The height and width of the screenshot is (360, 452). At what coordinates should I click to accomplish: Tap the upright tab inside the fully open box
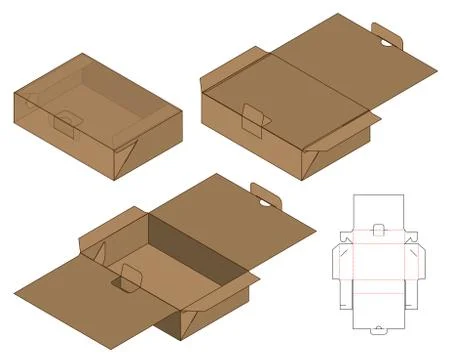pos(131,280)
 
